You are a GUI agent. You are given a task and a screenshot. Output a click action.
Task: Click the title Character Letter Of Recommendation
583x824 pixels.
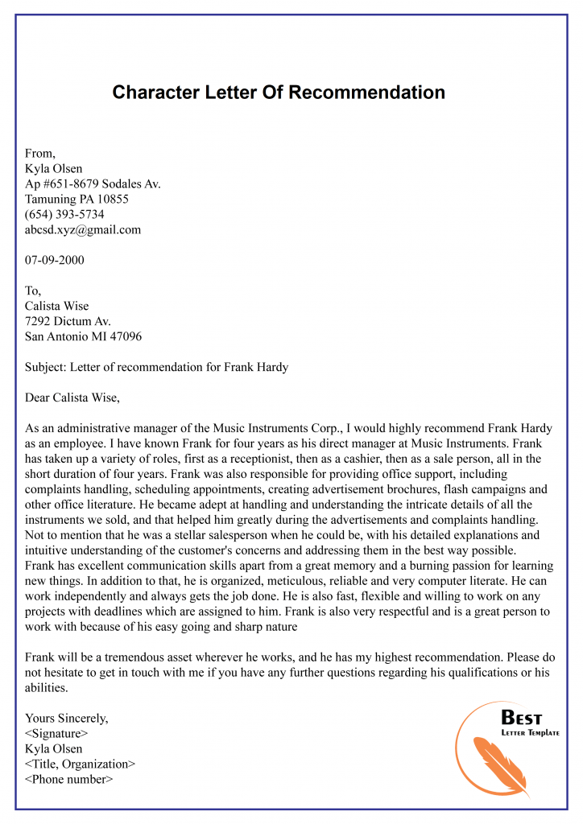(x=279, y=93)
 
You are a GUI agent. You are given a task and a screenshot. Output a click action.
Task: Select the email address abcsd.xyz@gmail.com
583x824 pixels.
(x=83, y=229)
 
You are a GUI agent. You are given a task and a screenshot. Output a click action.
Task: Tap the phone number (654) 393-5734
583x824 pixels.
(x=64, y=214)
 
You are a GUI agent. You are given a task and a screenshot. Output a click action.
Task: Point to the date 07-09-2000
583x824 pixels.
(x=55, y=260)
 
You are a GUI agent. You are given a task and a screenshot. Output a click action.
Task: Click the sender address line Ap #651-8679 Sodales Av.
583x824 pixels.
(x=93, y=183)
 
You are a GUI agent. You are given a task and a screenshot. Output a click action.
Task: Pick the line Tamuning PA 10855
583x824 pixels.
(x=76, y=199)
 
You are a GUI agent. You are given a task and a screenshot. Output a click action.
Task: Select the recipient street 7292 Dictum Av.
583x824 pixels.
(x=68, y=321)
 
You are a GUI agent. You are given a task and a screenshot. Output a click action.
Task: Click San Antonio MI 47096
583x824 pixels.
(x=83, y=336)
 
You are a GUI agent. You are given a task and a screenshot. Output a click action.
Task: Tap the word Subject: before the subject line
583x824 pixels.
(x=46, y=367)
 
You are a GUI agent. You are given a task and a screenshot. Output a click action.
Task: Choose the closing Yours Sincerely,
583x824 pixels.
(x=66, y=718)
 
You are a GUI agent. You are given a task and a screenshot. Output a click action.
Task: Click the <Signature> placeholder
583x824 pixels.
(x=56, y=733)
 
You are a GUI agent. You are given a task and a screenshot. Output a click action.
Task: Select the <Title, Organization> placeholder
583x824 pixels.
(x=80, y=764)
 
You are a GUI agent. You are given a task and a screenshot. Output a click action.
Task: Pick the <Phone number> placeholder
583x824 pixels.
(x=69, y=779)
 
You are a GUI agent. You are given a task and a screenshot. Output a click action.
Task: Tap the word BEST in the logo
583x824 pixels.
(x=522, y=718)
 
